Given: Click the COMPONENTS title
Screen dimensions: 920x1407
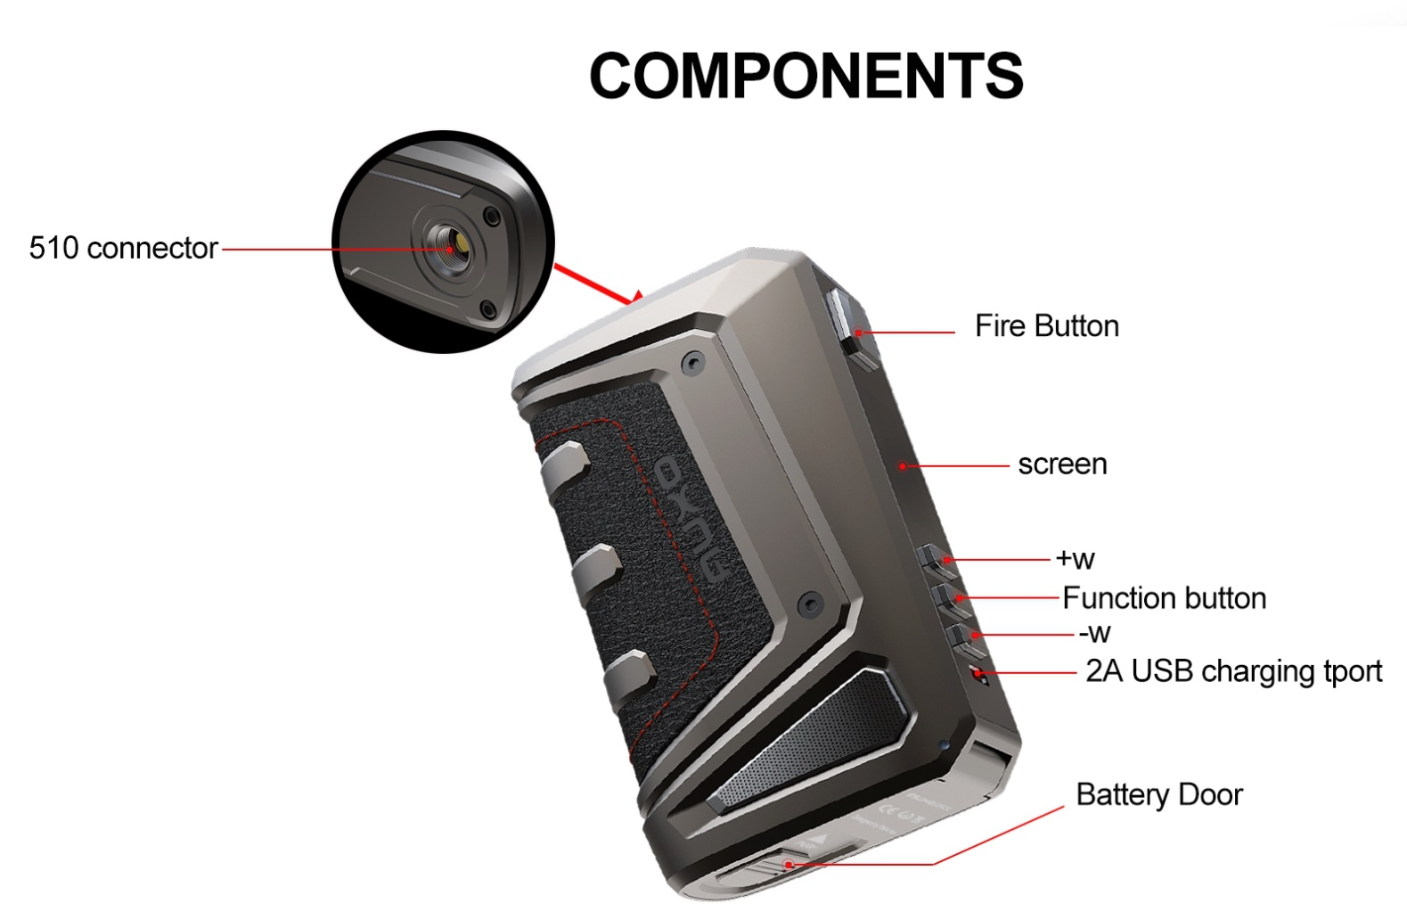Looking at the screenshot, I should [x=806, y=75].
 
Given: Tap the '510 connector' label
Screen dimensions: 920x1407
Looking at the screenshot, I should [x=123, y=248].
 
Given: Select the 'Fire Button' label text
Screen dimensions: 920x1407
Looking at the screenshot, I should [x=1046, y=326].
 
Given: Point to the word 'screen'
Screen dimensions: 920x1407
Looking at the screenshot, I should [x=1062, y=464].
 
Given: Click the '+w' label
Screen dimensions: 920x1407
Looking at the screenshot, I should [x=1075, y=558].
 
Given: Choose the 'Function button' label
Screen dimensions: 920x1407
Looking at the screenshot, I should [x=1164, y=597].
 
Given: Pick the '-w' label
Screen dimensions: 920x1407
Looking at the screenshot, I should [x=1094, y=633].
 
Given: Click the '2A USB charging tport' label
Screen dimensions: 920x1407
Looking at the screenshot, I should [x=1233, y=670].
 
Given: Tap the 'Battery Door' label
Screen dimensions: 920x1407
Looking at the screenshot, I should [x=1158, y=794].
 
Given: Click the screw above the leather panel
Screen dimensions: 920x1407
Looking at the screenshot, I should [x=691, y=362].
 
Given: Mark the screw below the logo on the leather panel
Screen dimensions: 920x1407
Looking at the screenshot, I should [x=809, y=604].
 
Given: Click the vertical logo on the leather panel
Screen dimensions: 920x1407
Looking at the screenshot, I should [x=691, y=521].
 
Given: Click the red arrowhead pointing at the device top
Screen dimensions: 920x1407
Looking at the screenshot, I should [x=635, y=296].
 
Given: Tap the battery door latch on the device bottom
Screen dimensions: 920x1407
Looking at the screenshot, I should [x=775, y=865].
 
